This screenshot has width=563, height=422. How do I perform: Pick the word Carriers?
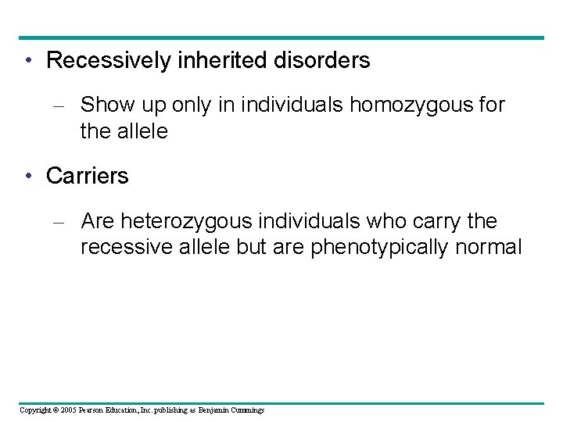pyautogui.click(x=88, y=177)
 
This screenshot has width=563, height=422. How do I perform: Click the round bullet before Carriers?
pyautogui.click(x=28, y=177)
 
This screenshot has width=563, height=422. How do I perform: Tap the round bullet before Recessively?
pyautogui.click(x=28, y=61)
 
